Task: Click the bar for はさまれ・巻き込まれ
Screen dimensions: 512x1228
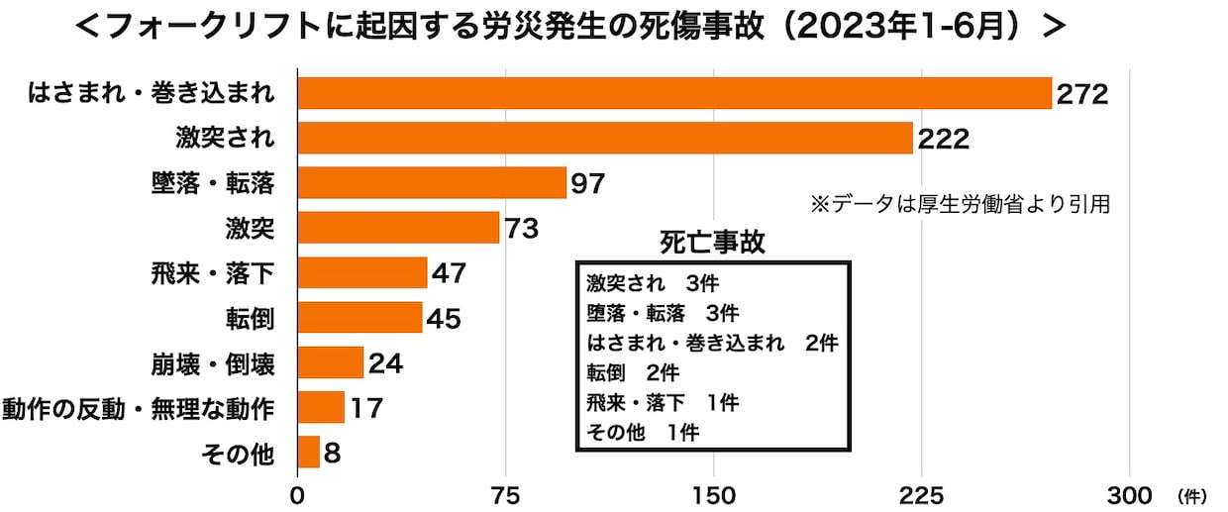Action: tap(673, 93)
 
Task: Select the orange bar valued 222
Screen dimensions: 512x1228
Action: tap(604, 138)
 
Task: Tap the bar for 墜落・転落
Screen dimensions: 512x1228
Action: tap(431, 183)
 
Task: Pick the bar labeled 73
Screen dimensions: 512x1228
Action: tap(398, 228)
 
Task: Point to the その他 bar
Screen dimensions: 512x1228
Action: tap(308, 453)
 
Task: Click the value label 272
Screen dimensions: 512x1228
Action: tap(1080, 94)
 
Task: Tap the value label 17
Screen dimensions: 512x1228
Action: tap(365, 408)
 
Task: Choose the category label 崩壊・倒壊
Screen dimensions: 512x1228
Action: tap(210, 363)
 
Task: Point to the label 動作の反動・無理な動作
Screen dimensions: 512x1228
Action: tap(139, 408)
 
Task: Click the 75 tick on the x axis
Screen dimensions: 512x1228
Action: tap(506, 493)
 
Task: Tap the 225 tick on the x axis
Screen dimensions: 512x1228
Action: tap(921, 493)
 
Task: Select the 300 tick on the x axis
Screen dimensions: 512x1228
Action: tap(1129, 493)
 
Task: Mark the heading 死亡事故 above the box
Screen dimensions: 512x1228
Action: tap(712, 243)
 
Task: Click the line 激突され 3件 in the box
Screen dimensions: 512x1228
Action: tap(651, 283)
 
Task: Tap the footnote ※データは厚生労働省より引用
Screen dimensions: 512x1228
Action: tap(960, 204)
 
